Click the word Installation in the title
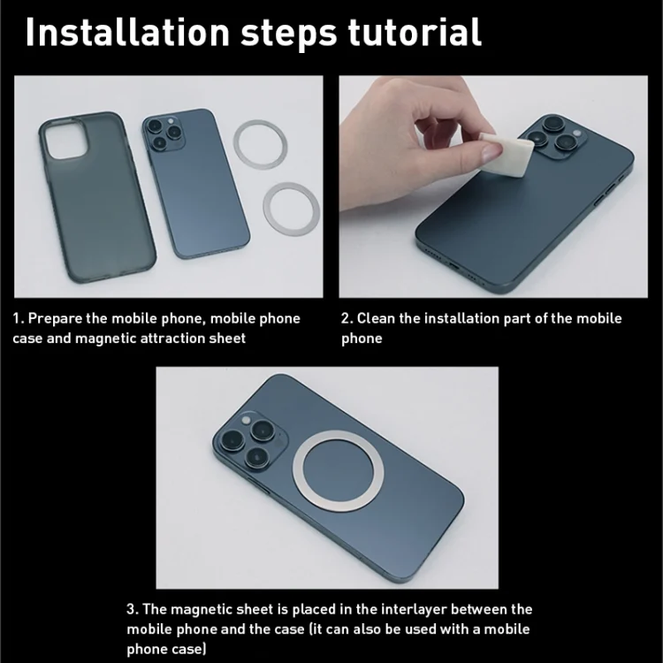tap(127, 33)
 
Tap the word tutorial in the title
tap(415, 33)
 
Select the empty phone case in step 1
tap(97, 198)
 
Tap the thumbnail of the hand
tap(491, 152)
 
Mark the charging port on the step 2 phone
tap(453, 267)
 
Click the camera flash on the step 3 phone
tap(246, 420)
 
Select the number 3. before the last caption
tap(133, 609)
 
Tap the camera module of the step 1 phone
tap(164, 132)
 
